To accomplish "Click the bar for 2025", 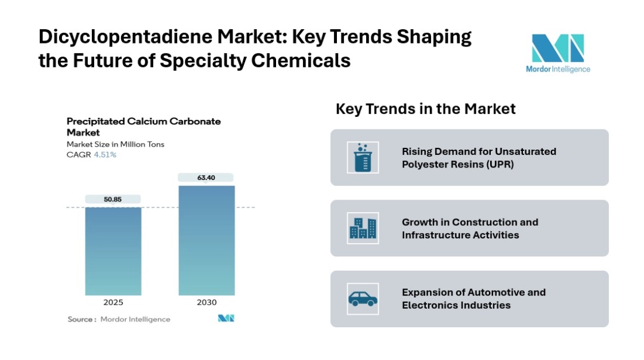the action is pyautogui.click(x=113, y=251).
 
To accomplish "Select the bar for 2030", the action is pyautogui.click(x=206, y=241).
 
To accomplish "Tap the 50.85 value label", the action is pyautogui.click(x=113, y=199).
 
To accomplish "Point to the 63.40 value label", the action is pyautogui.click(x=206, y=178).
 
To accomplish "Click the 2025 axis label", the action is pyautogui.click(x=113, y=303).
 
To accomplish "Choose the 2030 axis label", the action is pyautogui.click(x=206, y=303).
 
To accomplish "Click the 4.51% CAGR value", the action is pyautogui.click(x=105, y=155).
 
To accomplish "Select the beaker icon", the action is pyautogui.click(x=363, y=157).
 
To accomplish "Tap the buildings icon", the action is pyautogui.click(x=363, y=228).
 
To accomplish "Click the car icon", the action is pyautogui.click(x=363, y=299).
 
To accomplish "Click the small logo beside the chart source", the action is pyautogui.click(x=226, y=318).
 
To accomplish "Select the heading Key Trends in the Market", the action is pyautogui.click(x=426, y=109).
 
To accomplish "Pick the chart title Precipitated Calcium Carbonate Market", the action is pyautogui.click(x=144, y=127).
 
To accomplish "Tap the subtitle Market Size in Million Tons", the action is pyautogui.click(x=116, y=144).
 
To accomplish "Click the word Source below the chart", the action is pyautogui.click(x=80, y=319).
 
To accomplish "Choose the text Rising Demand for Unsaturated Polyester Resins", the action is pyautogui.click(x=479, y=158).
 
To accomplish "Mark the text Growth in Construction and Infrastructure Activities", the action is pyautogui.click(x=470, y=229).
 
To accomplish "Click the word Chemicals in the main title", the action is pyautogui.click(x=301, y=61).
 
